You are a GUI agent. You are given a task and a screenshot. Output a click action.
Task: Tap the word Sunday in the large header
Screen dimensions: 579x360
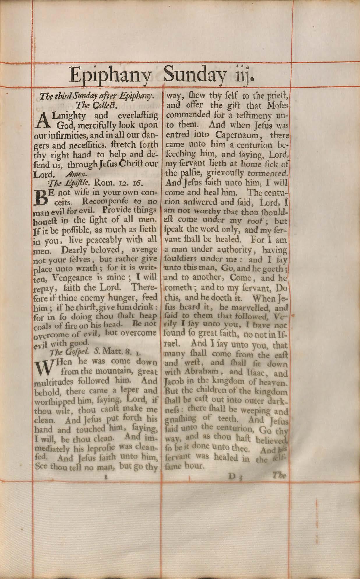click(x=195, y=75)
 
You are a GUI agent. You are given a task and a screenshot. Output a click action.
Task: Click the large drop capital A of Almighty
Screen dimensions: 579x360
click(x=44, y=120)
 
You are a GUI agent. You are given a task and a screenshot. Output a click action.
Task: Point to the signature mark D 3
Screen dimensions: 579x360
click(x=236, y=477)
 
